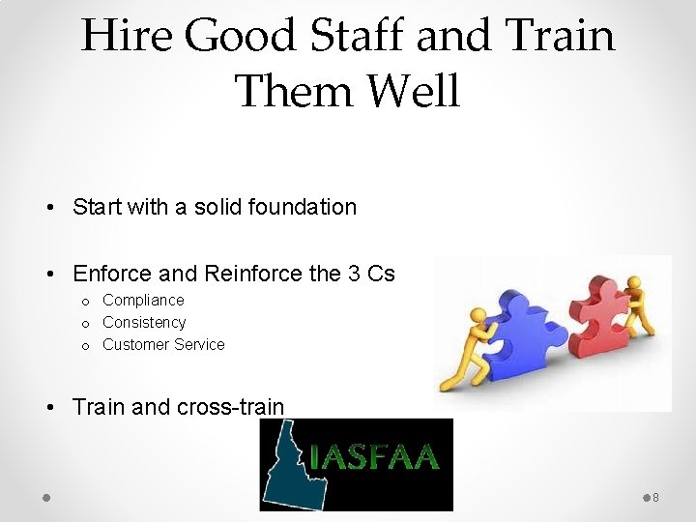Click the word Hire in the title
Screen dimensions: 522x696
(x=128, y=36)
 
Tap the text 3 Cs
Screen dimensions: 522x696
(x=371, y=274)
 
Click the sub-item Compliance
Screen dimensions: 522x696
(x=143, y=301)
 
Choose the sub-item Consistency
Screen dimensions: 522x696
(x=144, y=323)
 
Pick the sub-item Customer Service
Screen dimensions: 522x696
(x=163, y=345)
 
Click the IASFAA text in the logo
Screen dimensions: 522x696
(x=375, y=457)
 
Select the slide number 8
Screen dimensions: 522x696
(x=655, y=498)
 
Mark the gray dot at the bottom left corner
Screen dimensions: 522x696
(x=45, y=497)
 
